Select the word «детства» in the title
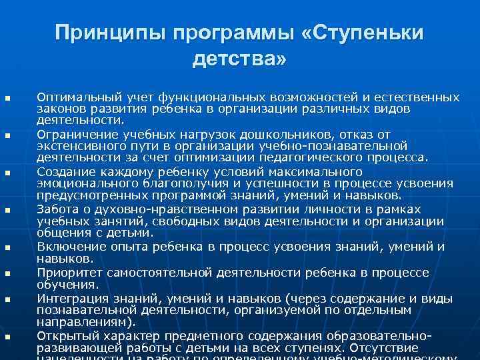(x=236, y=60)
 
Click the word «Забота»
(x=56, y=208)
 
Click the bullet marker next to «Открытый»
(x=8, y=337)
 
